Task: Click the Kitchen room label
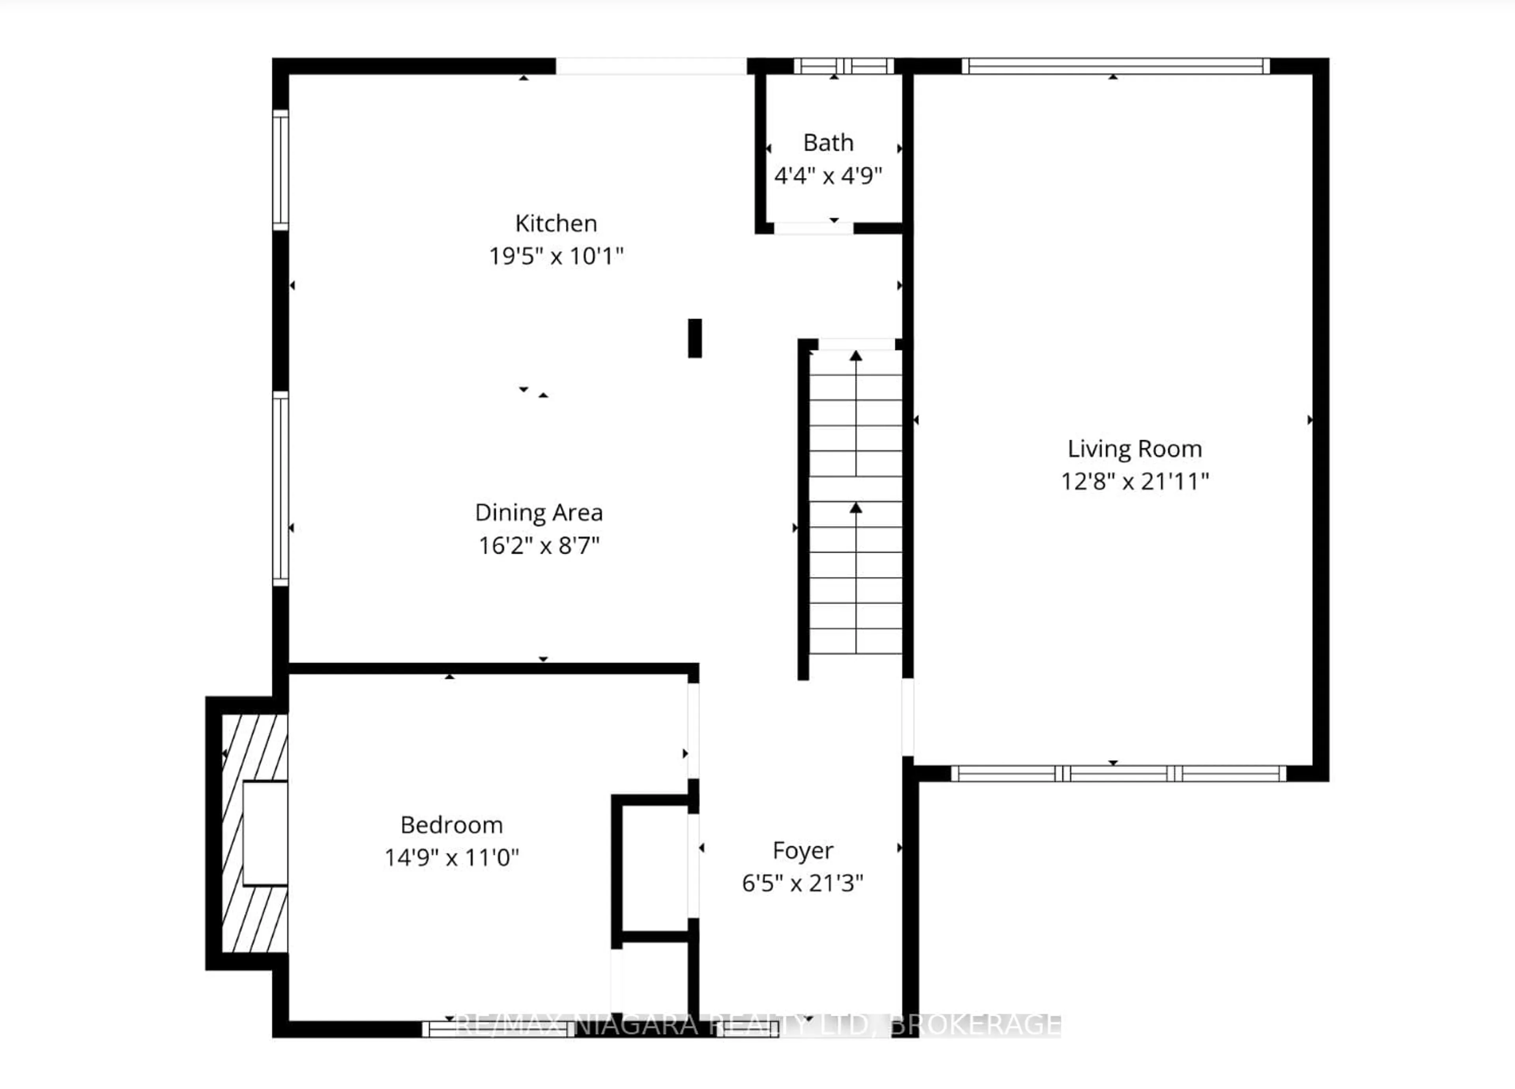(556, 224)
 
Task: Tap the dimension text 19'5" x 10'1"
(556, 256)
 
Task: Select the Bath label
(828, 143)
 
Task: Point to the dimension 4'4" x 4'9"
(828, 176)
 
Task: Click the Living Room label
(1134, 449)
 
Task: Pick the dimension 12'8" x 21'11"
(1134, 482)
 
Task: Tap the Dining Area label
(539, 513)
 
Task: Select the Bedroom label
(452, 825)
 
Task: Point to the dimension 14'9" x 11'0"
(452, 857)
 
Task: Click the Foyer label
(802, 851)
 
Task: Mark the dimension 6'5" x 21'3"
(802, 884)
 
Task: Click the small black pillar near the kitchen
(695, 338)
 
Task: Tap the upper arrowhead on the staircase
(856, 356)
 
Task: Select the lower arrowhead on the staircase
(856, 508)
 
